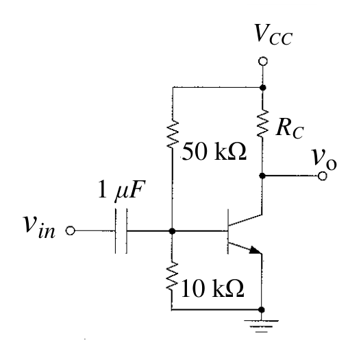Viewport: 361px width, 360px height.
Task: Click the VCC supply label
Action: point(273,34)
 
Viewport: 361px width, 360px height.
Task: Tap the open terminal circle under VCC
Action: point(262,61)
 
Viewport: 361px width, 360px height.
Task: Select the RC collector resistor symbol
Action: point(262,123)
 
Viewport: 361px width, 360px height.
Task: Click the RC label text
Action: point(290,129)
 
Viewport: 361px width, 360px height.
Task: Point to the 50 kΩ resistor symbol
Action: point(172,134)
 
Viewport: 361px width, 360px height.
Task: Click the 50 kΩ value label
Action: point(214,152)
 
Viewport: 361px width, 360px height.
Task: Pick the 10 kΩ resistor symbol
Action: point(172,276)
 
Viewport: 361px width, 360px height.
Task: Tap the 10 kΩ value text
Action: point(212,289)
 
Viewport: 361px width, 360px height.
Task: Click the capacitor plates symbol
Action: point(121,231)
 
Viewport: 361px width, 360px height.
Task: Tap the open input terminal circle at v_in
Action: point(71,230)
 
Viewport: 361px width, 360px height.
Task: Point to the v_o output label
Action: point(324,160)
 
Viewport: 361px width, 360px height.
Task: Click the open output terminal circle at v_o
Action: point(323,176)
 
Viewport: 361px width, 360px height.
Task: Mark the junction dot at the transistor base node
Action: point(172,231)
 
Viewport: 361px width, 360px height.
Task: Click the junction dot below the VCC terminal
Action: point(262,88)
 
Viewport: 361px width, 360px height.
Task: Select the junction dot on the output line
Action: point(262,176)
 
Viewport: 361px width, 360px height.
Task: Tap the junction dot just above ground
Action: point(261,310)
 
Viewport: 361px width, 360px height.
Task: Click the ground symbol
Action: point(261,326)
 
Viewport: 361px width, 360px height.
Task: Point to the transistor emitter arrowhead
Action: point(255,250)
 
